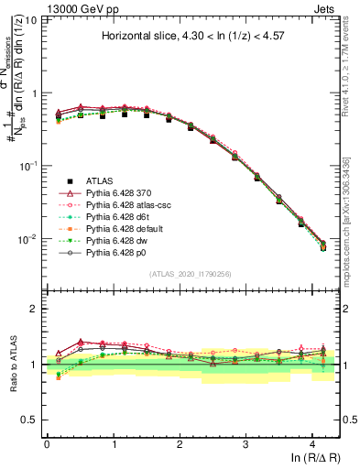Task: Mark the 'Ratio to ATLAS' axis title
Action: point(13,365)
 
